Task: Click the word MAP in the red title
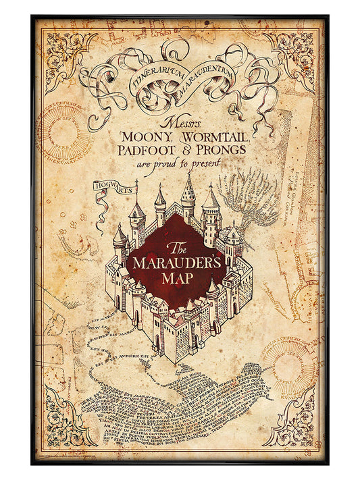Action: pyautogui.click(x=180, y=278)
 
